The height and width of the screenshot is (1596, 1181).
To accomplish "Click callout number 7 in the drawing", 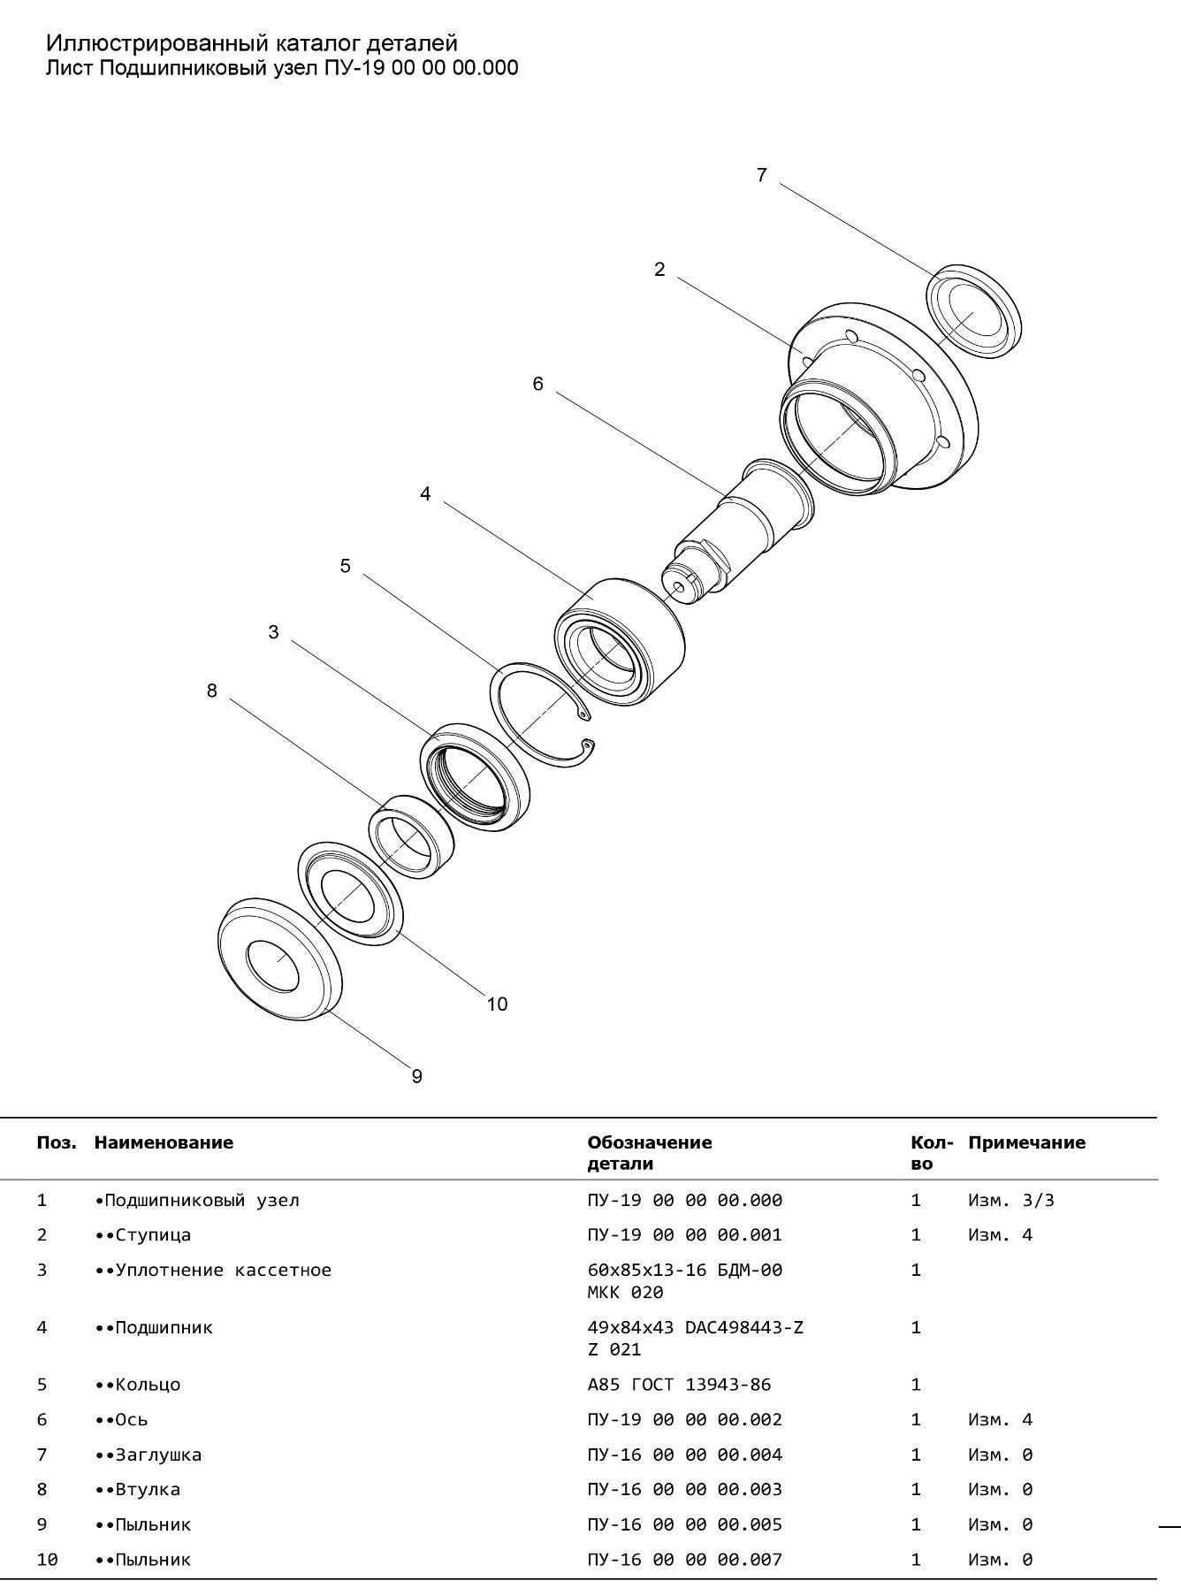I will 761,175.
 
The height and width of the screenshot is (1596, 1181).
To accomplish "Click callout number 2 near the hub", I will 659,270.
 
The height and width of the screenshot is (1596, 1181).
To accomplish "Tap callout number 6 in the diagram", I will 537,384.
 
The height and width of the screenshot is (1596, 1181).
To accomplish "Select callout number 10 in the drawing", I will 497,1004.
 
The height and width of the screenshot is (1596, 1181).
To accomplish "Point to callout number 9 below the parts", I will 416,1076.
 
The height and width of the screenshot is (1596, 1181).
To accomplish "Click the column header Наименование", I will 164,1142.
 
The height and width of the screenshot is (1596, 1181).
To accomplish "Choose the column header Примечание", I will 1026,1142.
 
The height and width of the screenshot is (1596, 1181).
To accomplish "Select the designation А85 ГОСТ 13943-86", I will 679,1385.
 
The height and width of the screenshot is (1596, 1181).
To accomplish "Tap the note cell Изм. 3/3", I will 1010,1201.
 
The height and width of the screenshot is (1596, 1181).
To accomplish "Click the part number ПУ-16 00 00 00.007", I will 684,1560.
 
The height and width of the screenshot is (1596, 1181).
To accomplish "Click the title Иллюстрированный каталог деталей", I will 251,43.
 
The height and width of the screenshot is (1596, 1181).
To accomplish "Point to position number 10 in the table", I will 47,1560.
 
